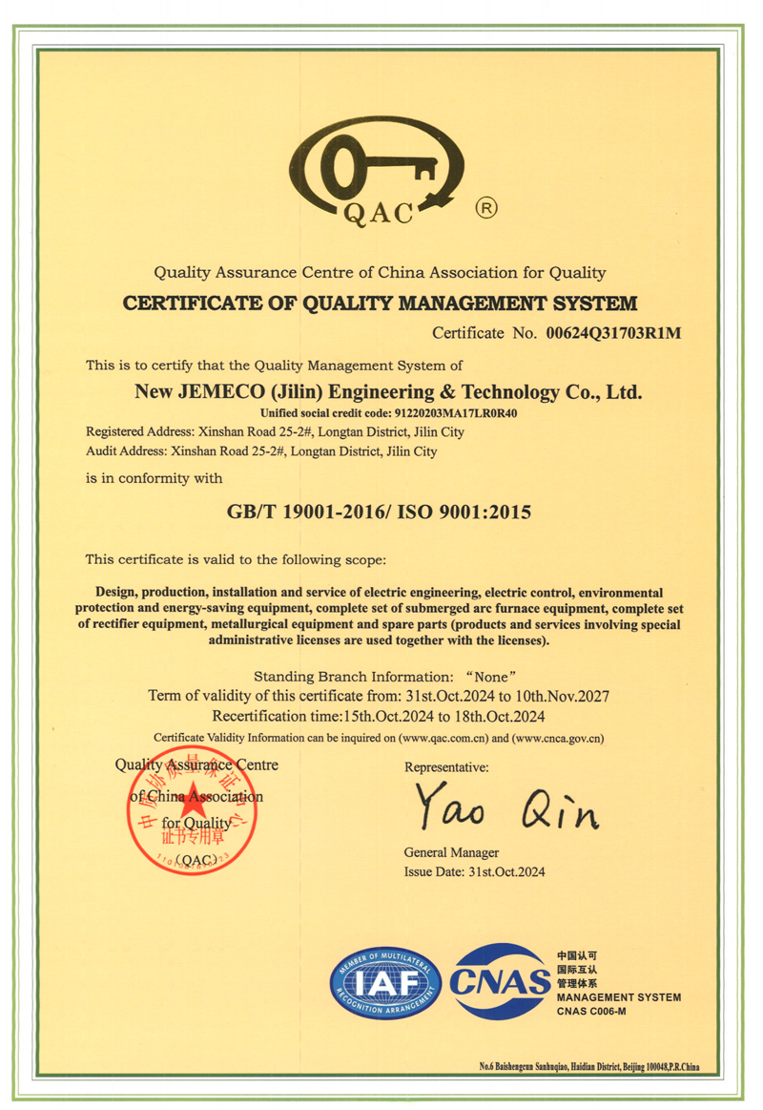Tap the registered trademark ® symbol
[485, 206]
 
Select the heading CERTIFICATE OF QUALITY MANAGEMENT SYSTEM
[381, 304]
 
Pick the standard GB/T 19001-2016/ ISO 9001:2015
[379, 512]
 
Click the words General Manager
[451, 852]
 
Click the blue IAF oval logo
[384, 982]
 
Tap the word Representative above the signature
[446, 766]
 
